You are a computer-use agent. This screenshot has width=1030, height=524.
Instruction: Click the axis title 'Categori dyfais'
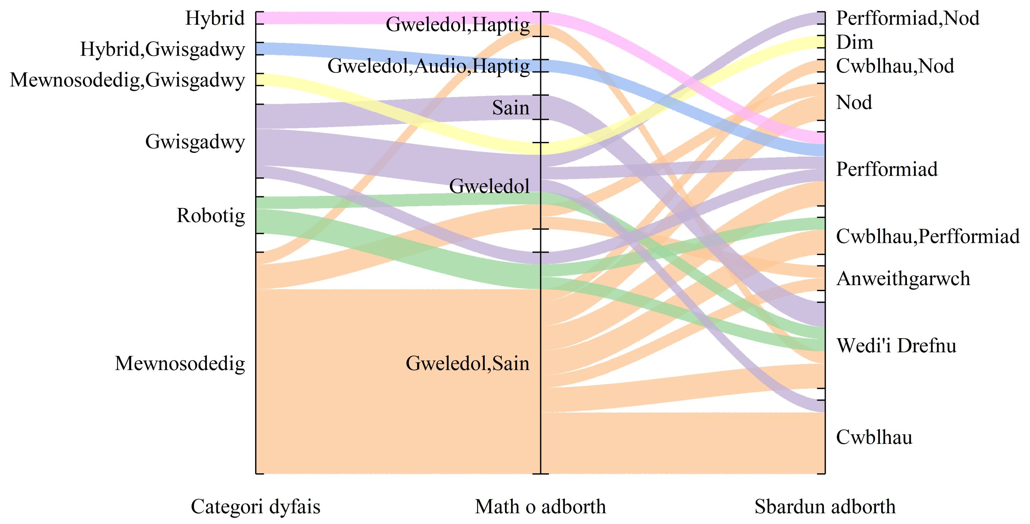click(x=255, y=506)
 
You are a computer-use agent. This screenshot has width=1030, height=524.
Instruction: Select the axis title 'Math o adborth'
click(x=540, y=506)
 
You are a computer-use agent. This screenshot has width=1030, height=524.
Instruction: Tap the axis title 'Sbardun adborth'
click(x=825, y=506)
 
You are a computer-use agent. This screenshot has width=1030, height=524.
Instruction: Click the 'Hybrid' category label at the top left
click(x=215, y=18)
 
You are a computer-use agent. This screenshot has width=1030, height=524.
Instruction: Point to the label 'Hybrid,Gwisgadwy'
click(x=163, y=49)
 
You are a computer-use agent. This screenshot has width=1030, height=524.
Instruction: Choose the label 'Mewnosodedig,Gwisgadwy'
click(x=128, y=80)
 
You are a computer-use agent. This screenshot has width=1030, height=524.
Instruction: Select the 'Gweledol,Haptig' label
click(x=457, y=24)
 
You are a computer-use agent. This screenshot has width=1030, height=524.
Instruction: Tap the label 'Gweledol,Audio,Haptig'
click(x=428, y=66)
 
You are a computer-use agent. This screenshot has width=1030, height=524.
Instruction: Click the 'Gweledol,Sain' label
click(x=467, y=363)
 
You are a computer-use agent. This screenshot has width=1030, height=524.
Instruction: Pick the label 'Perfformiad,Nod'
click(x=908, y=18)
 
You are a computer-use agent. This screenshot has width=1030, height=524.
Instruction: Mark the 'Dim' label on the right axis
click(x=855, y=42)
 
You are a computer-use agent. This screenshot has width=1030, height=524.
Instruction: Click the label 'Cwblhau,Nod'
click(x=895, y=66)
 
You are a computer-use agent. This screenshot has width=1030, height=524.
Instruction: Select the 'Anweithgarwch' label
click(x=903, y=278)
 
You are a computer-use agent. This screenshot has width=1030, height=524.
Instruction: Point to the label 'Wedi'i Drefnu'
click(x=896, y=345)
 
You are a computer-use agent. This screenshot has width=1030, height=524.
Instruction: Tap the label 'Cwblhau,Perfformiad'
click(x=928, y=236)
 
